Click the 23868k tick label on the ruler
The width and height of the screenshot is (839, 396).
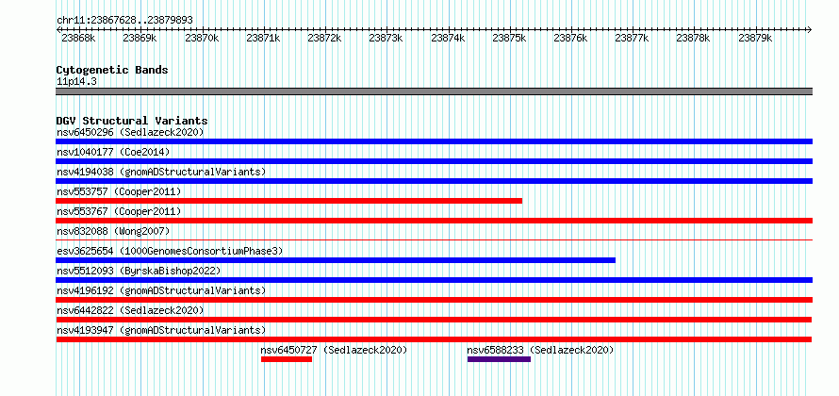pyautogui.click(x=78, y=39)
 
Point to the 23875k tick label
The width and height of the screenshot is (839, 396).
pyautogui.click(x=509, y=39)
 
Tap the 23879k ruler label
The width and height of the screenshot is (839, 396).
pyautogui.click(x=755, y=39)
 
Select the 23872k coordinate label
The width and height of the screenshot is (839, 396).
pyautogui.click(x=325, y=39)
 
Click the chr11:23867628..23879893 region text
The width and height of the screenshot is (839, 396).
pyautogui.click(x=124, y=21)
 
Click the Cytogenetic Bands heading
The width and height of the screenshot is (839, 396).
pyautogui.click(x=112, y=70)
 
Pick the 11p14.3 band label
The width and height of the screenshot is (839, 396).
pyautogui.click(x=76, y=82)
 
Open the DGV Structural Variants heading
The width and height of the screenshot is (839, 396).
pyautogui.click(x=132, y=121)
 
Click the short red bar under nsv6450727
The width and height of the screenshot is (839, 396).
pyautogui.click(x=287, y=359)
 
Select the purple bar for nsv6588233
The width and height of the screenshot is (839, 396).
pyautogui.click(x=499, y=359)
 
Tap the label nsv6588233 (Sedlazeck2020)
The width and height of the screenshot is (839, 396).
pyautogui.click(x=540, y=350)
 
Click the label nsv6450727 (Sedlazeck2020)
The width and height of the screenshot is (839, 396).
pyautogui.click(x=335, y=350)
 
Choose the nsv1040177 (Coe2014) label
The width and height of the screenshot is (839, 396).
pyautogui.click(x=113, y=152)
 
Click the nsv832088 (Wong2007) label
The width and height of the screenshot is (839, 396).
pyautogui.click(x=113, y=231)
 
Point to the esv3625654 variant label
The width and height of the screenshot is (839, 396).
pyautogui.click(x=170, y=251)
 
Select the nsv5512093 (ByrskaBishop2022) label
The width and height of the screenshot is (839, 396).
pyautogui.click(x=139, y=271)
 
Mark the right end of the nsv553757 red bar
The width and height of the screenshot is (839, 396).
pyautogui.click(x=521, y=201)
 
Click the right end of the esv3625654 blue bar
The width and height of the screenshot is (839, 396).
pyautogui.click(x=615, y=260)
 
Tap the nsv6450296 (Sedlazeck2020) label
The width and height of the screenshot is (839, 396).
pyautogui.click(x=130, y=132)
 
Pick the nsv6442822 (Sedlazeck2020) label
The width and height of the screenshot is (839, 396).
pyautogui.click(x=130, y=310)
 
